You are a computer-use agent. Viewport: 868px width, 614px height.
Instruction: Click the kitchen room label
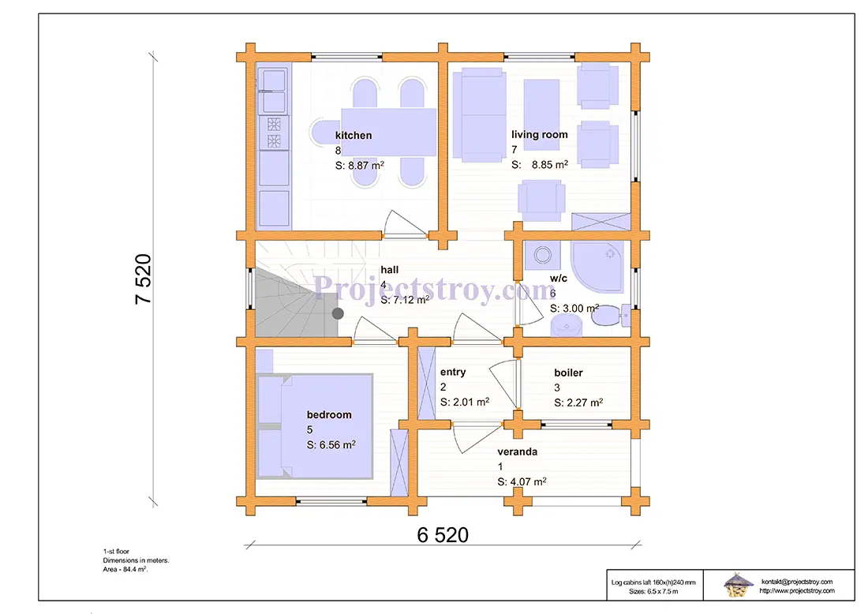pos(354,135)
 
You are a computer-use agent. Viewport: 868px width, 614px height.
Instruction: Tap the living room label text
pos(539,134)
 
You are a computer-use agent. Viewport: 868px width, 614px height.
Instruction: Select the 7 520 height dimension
pos(143,279)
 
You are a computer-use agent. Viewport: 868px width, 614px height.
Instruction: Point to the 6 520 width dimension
pos(443,535)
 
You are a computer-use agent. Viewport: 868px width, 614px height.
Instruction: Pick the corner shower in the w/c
pos(597,267)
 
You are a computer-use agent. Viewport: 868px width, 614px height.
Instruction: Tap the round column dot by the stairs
pos(338,313)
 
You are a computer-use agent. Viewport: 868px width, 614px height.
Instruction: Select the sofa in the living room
pos(480,114)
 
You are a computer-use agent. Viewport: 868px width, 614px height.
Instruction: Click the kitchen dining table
pos(388,132)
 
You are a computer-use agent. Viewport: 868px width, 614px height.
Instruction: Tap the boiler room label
pos(568,373)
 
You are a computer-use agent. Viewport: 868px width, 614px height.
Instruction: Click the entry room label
pos(453,372)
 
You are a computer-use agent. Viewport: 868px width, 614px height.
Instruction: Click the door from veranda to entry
pos(477,438)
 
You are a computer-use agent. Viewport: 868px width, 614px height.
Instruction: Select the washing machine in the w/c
pos(542,255)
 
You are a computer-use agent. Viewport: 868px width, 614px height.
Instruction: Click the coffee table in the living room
pos(541,114)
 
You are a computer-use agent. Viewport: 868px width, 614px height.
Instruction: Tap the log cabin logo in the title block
pos(739,585)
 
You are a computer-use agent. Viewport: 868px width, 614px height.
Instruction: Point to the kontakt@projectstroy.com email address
pos(797,582)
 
